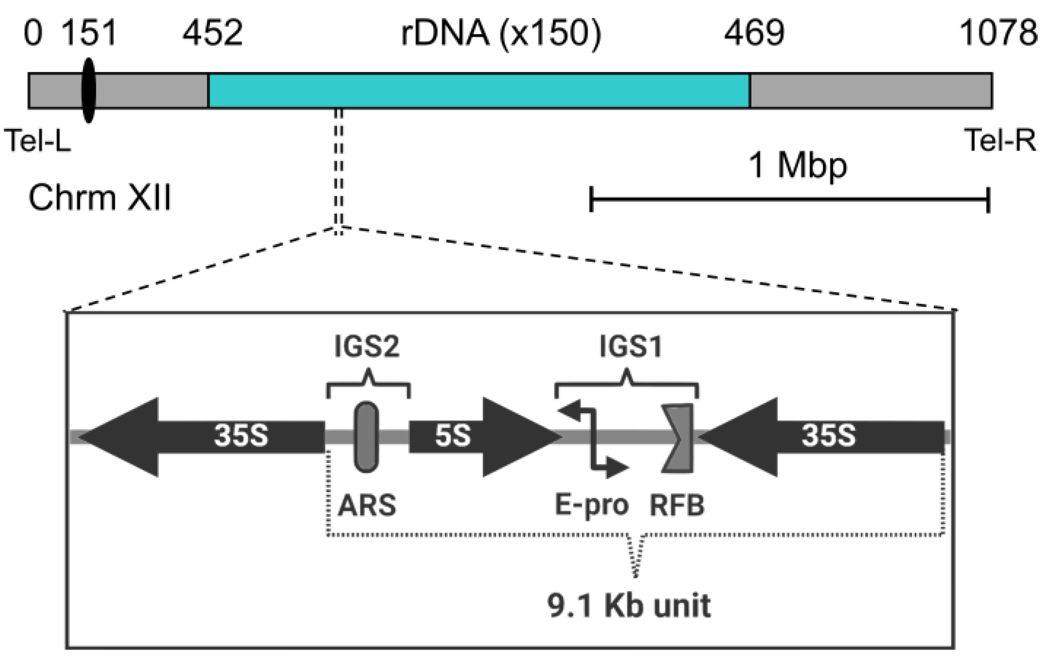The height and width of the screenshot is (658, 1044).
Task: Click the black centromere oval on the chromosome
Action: (88, 90)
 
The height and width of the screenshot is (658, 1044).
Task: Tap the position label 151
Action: (90, 34)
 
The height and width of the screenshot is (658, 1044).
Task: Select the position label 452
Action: (212, 34)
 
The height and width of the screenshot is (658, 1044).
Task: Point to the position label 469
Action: (754, 34)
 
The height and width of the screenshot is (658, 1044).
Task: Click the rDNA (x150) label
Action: (501, 34)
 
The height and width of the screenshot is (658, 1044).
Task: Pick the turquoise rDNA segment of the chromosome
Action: (479, 90)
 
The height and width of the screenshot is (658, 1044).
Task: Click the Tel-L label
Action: (37, 140)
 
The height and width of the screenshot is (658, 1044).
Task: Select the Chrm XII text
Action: (100, 198)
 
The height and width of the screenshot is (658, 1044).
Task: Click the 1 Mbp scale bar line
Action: (789, 199)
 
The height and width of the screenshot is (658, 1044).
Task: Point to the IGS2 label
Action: (367, 347)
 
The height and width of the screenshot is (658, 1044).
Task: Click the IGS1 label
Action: (631, 347)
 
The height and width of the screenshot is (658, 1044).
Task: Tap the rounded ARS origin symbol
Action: (366, 437)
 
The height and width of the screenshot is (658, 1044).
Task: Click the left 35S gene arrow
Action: (204, 437)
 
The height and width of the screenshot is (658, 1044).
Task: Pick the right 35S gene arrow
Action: (826, 437)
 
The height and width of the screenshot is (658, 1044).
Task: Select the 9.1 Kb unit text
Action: (629, 606)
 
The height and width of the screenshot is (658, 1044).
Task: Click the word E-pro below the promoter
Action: (591, 506)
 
